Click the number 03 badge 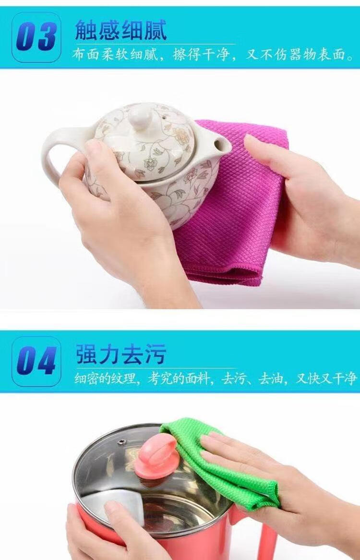tap(36, 37)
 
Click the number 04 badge tap(36, 361)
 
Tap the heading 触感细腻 tap(120, 30)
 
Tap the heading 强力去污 tap(120, 354)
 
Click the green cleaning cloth tap(228, 453)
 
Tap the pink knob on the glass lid tap(156, 453)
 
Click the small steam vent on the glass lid tap(122, 442)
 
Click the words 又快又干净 tap(325, 378)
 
